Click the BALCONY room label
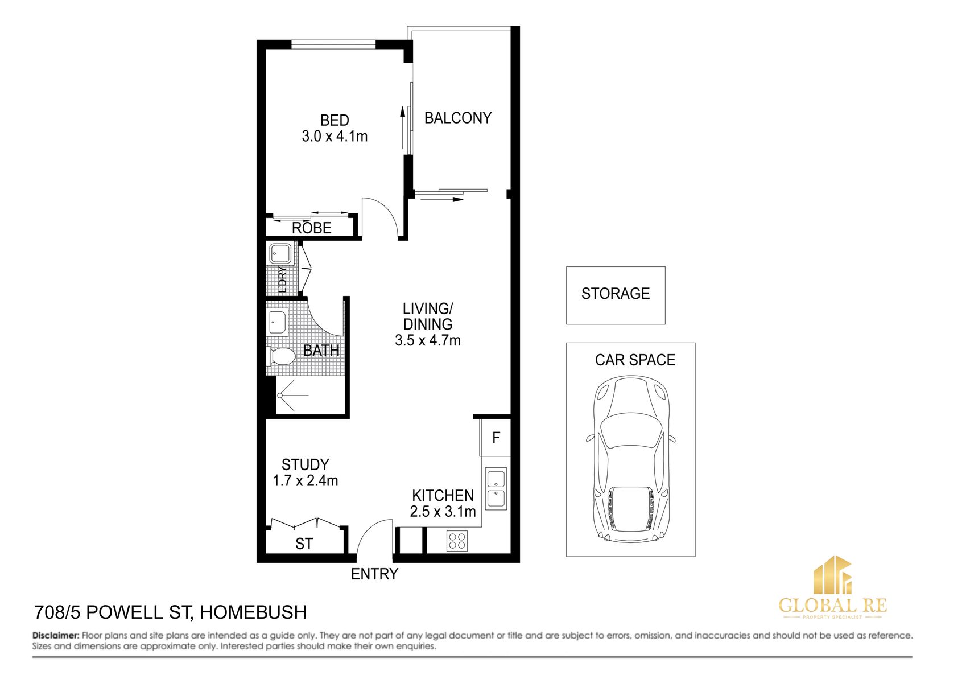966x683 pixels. pyautogui.click(x=457, y=118)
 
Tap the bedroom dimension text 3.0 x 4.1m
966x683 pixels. pyautogui.click(x=335, y=137)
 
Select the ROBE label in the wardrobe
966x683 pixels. pyautogui.click(x=311, y=228)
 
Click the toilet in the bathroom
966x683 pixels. pyautogui.click(x=282, y=357)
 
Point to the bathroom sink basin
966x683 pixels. pyautogui.click(x=278, y=322)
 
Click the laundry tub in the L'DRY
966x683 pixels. pyautogui.click(x=280, y=253)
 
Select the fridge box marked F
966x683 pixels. pyautogui.click(x=496, y=438)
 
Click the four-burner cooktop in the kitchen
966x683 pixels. pyautogui.click(x=457, y=541)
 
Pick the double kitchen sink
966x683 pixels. pyautogui.click(x=496, y=489)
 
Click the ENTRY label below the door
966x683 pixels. pyautogui.click(x=374, y=574)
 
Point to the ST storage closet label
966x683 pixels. pyautogui.click(x=304, y=544)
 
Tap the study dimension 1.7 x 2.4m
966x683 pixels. pyautogui.click(x=306, y=481)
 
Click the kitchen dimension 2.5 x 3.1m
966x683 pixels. pyautogui.click(x=443, y=512)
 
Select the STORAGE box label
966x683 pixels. pyautogui.click(x=615, y=294)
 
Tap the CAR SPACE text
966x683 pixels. pyautogui.click(x=635, y=360)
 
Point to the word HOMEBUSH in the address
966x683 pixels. pyautogui.click(x=253, y=612)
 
